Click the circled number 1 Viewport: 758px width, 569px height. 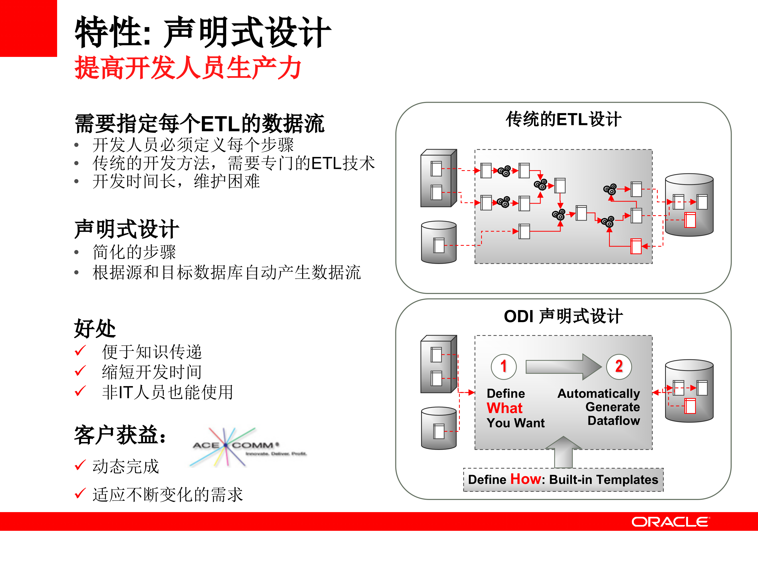pyautogui.click(x=503, y=366)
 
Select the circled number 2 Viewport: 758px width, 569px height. pyautogui.click(x=619, y=366)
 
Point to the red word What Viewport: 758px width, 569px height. pyautogui.click(x=505, y=408)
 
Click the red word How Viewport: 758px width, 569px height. pyautogui.click(x=525, y=479)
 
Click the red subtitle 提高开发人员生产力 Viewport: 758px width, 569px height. pyautogui.click(x=188, y=68)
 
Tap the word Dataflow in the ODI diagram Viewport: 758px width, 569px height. pyautogui.click(x=614, y=420)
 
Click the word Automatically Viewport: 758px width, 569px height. pyautogui.click(x=599, y=393)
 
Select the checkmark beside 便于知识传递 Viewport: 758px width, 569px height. pyautogui.click(x=80, y=351)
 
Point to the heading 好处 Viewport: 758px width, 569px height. pyautogui.click(x=95, y=328)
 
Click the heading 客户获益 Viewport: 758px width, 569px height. pyautogui.click(x=120, y=435)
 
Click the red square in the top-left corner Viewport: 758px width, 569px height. pyautogui.click(x=28, y=28)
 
